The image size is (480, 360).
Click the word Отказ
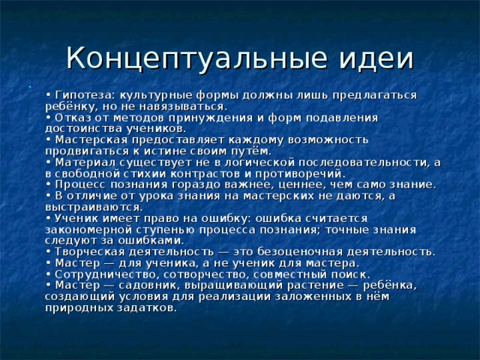tap(73, 118)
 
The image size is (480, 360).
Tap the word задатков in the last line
tap(151, 307)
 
